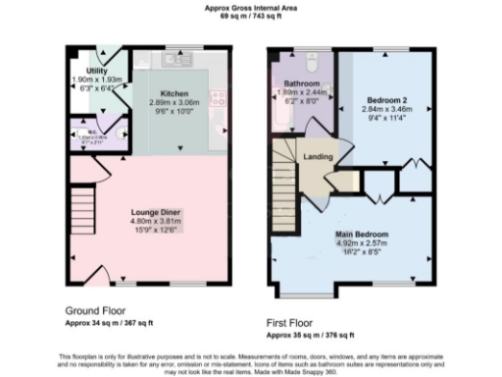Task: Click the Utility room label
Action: tap(96, 72)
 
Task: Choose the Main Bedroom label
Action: tap(363, 234)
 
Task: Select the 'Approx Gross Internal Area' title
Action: tap(251, 7)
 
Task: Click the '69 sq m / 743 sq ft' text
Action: tap(251, 17)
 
